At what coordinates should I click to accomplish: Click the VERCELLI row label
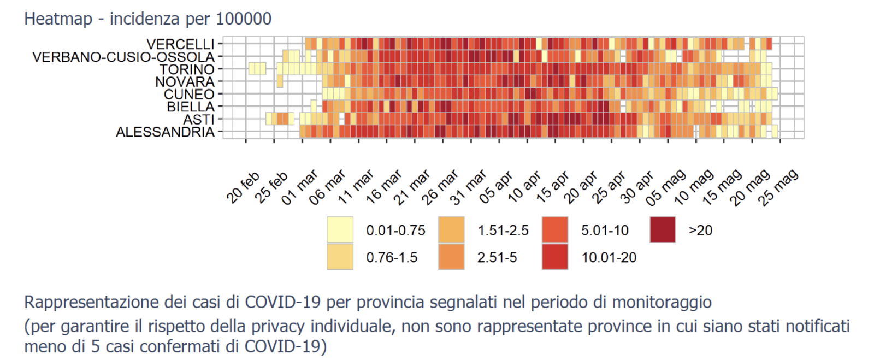[x=180, y=44]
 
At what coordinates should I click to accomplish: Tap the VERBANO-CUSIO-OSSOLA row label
[x=123, y=57]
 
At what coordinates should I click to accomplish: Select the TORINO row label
[x=187, y=69]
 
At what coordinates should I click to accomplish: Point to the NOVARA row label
[x=185, y=82]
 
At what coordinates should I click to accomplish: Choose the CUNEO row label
[x=189, y=95]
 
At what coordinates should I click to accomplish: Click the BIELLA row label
[x=191, y=107]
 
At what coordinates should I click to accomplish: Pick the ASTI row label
[x=199, y=119]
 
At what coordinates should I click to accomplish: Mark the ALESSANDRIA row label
[x=165, y=132]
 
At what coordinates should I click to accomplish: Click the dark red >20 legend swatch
[x=663, y=230]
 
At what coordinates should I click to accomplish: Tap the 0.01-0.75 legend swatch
[x=340, y=230]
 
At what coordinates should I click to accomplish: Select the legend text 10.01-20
[x=609, y=257]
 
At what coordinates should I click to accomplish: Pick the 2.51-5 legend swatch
[x=451, y=257]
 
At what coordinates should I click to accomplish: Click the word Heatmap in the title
[x=58, y=19]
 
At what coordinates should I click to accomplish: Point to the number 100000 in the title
[x=244, y=19]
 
